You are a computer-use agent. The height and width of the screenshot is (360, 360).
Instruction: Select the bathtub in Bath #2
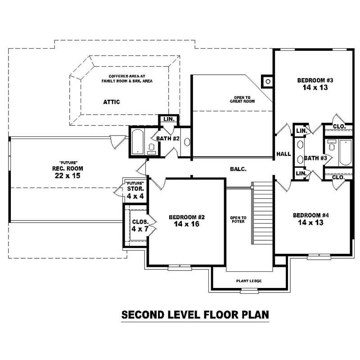pyautogui.click(x=138, y=142)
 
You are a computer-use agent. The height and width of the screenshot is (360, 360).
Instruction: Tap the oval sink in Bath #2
pyautogui.click(x=187, y=142)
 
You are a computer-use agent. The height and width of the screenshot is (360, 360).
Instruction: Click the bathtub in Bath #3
pyautogui.click(x=345, y=152)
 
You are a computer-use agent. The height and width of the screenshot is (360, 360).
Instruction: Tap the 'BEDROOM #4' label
pyautogui.click(x=310, y=215)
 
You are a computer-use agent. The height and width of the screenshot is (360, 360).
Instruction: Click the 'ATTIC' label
pyautogui.click(x=112, y=102)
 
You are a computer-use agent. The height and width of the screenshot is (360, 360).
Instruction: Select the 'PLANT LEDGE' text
pyautogui.click(x=249, y=281)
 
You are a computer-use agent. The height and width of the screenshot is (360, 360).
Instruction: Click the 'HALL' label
pyautogui.click(x=283, y=154)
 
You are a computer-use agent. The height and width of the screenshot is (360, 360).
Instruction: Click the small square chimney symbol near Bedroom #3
pyautogui.click(x=268, y=81)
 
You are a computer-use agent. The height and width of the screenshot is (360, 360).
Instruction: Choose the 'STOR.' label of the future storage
pyautogui.click(x=135, y=189)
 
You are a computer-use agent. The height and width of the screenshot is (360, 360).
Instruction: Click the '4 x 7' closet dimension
pyautogui.click(x=140, y=229)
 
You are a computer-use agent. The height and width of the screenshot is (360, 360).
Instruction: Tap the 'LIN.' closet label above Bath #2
pyautogui.click(x=169, y=120)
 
